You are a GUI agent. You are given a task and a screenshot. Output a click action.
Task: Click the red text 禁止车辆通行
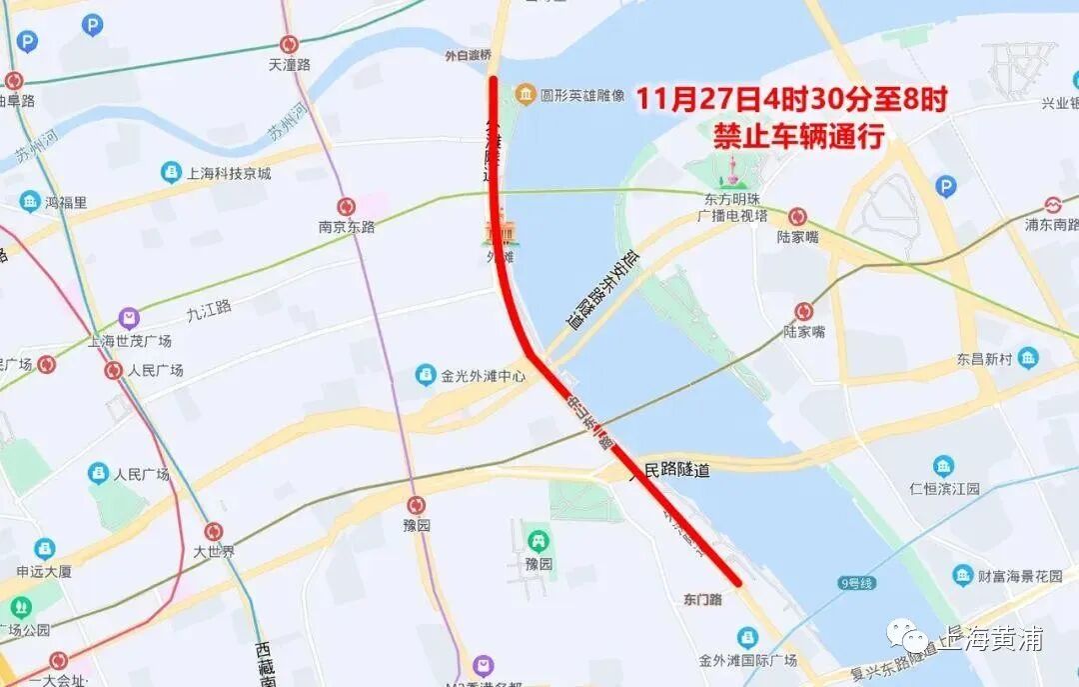pos(798,136)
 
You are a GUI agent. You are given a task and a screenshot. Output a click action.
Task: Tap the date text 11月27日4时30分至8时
pos(790,100)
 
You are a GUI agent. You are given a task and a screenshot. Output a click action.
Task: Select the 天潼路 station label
pos(290,65)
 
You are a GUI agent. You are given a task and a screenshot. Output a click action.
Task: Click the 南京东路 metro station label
pos(347,227)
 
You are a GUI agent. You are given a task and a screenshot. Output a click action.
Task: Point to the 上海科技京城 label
pos(228,173)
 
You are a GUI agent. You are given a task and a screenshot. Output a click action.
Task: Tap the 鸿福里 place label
pos(66,202)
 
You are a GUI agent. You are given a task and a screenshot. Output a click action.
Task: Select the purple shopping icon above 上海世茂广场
pos(129,319)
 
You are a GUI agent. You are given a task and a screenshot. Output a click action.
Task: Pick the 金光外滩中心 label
pos(484,377)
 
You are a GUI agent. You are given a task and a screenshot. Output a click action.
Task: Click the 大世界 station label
pos(214,551)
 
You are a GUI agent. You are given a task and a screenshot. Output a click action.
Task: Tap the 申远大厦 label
pos(45,572)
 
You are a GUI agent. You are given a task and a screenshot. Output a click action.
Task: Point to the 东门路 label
pos(703,599)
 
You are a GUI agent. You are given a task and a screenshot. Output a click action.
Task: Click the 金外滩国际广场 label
pos(747,660)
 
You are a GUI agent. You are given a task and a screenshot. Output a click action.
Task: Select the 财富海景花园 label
pos(1006,576)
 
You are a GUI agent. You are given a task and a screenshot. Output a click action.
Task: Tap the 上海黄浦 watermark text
pos(988,639)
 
